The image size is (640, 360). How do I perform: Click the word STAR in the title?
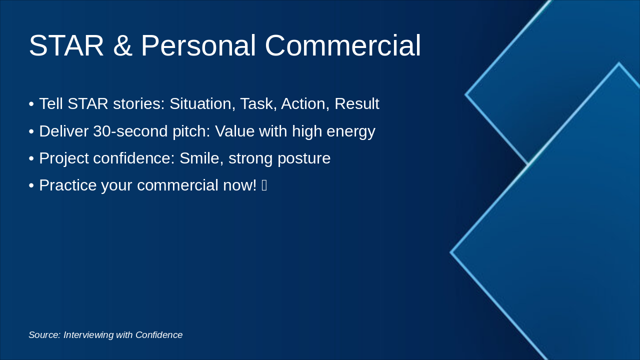[66, 45]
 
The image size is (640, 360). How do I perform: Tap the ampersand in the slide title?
[122, 45]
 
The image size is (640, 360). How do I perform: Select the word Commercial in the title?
[343, 45]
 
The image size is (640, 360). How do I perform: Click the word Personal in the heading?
[198, 45]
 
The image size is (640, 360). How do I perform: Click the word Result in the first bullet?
[357, 103]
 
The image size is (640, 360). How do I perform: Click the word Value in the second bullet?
[234, 131]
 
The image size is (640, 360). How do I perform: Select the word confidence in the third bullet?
[133, 158]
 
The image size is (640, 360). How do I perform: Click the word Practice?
[68, 185]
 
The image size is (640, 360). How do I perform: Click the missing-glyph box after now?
[264, 185]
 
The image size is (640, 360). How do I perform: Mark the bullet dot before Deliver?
[31, 131]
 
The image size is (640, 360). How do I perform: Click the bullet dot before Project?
[31, 158]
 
